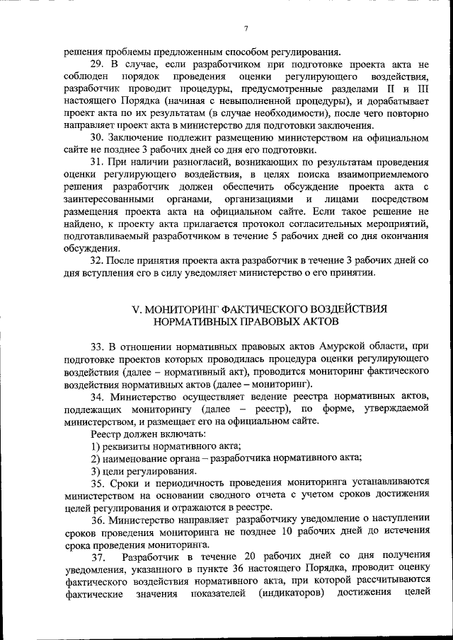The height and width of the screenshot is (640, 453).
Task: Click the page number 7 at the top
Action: point(246,28)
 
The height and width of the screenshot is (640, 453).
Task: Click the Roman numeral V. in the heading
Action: point(137,309)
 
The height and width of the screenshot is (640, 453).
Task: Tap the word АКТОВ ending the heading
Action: point(319,321)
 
